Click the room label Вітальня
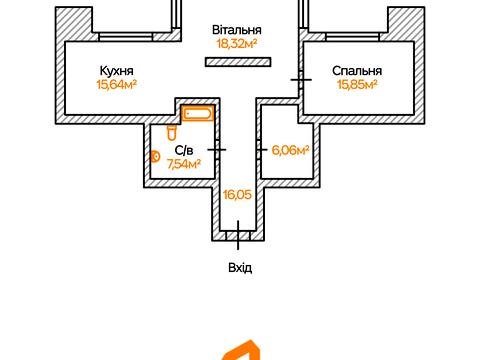237,30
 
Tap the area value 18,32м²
237,43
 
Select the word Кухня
117,71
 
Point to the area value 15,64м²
117,84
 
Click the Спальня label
357,71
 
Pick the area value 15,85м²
357,84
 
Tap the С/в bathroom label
184,151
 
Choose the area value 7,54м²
184,164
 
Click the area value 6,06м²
290,150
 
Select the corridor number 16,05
237,195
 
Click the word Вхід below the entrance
240,268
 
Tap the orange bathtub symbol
198,114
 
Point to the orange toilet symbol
172,133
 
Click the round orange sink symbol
155,156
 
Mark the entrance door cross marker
238,235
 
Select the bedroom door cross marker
301,80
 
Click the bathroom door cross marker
217,150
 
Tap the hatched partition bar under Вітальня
238,62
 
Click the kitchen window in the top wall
126,37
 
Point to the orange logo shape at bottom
241,351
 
